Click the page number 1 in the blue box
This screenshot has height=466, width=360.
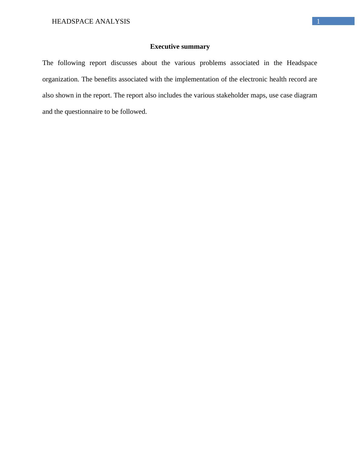(x=318, y=21)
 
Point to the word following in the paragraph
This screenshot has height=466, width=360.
(x=71, y=63)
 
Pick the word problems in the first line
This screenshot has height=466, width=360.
(x=213, y=63)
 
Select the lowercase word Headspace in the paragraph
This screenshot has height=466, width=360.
(x=302, y=63)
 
